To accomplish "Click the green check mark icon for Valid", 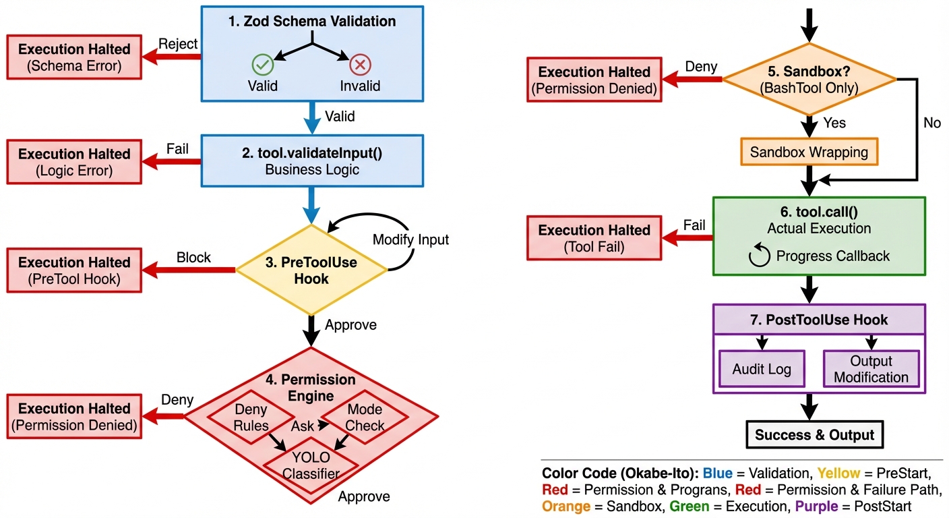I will click(x=262, y=65).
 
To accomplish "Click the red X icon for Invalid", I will click(x=360, y=65).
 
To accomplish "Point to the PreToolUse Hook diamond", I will click(x=311, y=270).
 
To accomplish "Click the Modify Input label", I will click(x=410, y=239).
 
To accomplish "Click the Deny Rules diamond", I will click(x=251, y=418).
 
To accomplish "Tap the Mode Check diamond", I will click(x=365, y=418).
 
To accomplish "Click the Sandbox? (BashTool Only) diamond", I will click(x=809, y=80).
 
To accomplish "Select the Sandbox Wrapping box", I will click(x=809, y=152).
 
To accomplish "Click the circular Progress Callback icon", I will click(x=760, y=256).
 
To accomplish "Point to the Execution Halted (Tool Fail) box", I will click(x=594, y=238).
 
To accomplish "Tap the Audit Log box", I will click(x=762, y=369).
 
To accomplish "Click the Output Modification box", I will click(x=871, y=369).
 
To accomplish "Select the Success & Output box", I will click(x=814, y=434).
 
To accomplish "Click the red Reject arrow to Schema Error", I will click(x=173, y=57).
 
